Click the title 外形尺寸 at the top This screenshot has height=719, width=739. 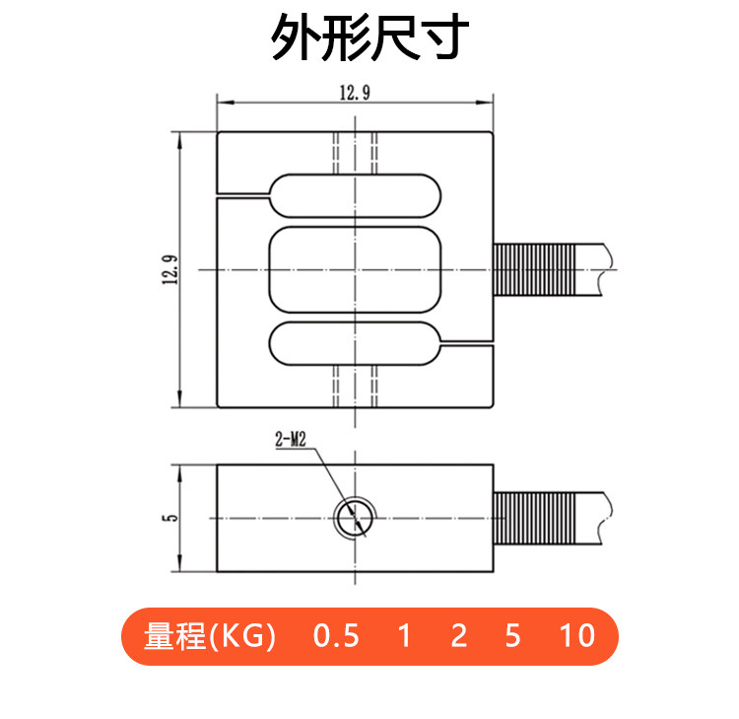coord(369,36)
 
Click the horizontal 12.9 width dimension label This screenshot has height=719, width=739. coord(355,93)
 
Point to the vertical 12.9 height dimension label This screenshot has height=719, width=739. coord(170,269)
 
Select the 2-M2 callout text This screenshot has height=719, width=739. coord(291,440)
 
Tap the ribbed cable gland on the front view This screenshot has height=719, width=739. coord(534,269)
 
